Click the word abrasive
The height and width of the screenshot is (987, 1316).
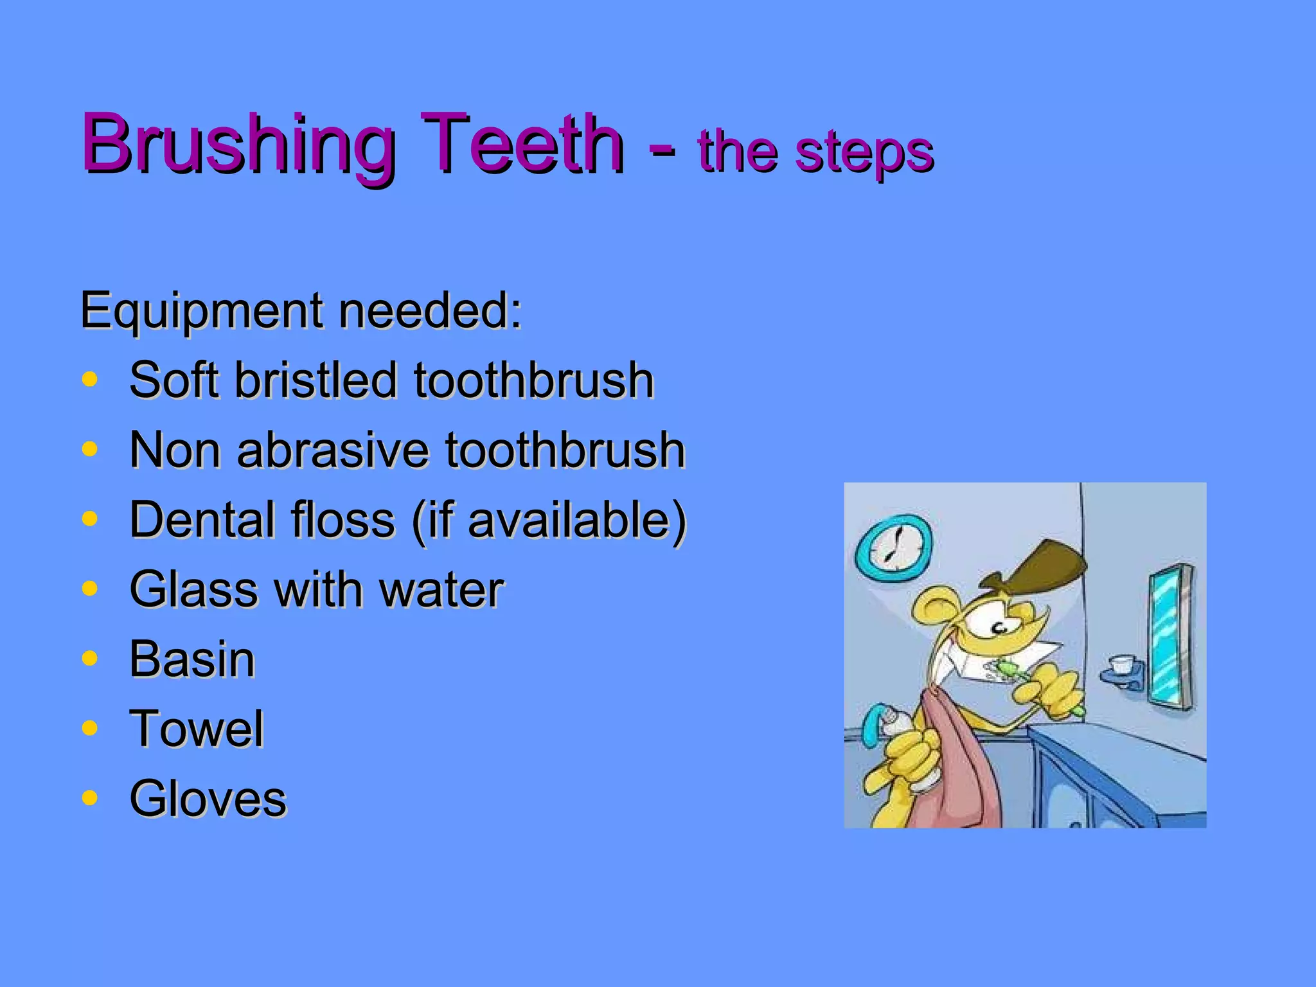coord(333,450)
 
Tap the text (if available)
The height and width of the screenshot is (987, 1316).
coord(549,520)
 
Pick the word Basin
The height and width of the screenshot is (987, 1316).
coord(192,659)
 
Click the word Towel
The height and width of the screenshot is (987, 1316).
coord(196,729)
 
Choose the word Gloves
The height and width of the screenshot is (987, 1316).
coord(208,799)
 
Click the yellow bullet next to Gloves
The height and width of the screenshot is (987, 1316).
coord(90,797)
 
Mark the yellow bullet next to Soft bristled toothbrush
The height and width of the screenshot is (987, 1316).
coord(90,379)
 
